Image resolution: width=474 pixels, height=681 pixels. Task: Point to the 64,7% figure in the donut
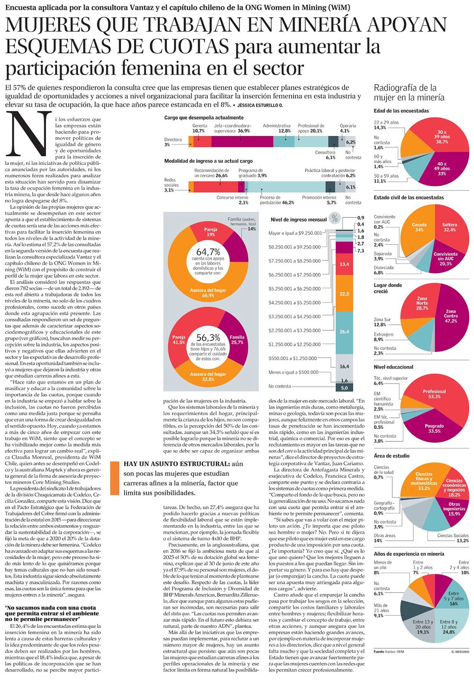click(x=208, y=252)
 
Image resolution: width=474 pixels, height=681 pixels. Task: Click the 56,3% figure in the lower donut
click(x=208, y=337)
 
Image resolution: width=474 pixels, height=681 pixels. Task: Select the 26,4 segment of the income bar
click(x=344, y=331)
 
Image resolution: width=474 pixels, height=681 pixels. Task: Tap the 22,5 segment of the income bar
click(x=344, y=293)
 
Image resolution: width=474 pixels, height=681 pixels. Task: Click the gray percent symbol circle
click(x=334, y=218)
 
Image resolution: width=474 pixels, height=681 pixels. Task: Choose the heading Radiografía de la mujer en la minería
click(x=409, y=92)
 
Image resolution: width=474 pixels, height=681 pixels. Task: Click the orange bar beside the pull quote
click(x=114, y=478)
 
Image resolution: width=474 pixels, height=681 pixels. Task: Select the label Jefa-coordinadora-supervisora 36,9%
click(x=232, y=128)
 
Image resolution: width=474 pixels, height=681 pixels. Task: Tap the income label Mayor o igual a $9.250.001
click(x=295, y=233)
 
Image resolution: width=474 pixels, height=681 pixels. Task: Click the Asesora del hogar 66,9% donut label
click(x=208, y=293)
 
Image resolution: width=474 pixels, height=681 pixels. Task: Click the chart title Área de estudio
click(x=392, y=456)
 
